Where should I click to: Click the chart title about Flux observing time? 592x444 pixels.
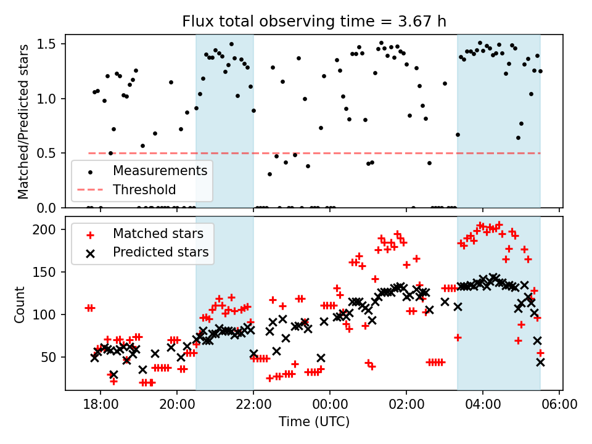tap(314, 22)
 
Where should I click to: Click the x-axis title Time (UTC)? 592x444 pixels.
tap(314, 422)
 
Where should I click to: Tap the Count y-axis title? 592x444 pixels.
tap(20, 303)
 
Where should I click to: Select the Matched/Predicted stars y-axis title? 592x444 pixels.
tap(23, 121)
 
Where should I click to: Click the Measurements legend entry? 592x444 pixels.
tap(159, 171)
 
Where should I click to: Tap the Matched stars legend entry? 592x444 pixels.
tap(158, 234)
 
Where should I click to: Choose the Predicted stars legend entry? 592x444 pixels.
tap(160, 252)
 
